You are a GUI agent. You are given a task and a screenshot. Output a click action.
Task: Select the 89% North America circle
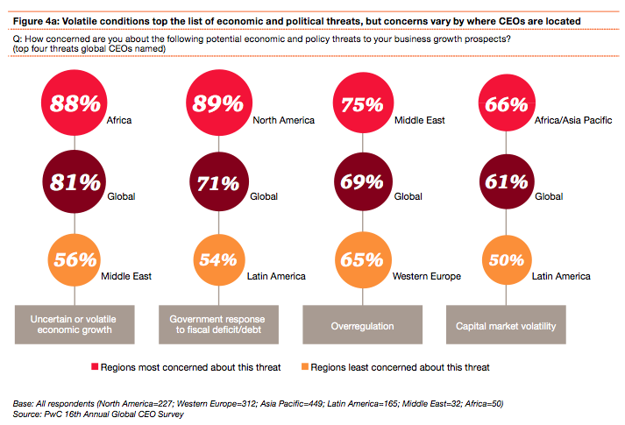coord(217,104)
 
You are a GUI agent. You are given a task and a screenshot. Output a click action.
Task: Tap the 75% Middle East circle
coord(361,104)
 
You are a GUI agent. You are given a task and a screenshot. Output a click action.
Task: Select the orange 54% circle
coord(217,259)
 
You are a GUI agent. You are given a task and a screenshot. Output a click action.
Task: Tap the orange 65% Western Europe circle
coord(361,259)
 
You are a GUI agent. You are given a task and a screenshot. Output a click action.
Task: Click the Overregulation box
coord(361,324)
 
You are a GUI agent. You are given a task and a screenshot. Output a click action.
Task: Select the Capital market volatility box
coord(505,324)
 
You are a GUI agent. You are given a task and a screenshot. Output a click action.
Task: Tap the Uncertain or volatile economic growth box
coord(74,324)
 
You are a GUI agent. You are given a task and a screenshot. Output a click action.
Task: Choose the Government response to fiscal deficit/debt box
coord(217,324)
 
